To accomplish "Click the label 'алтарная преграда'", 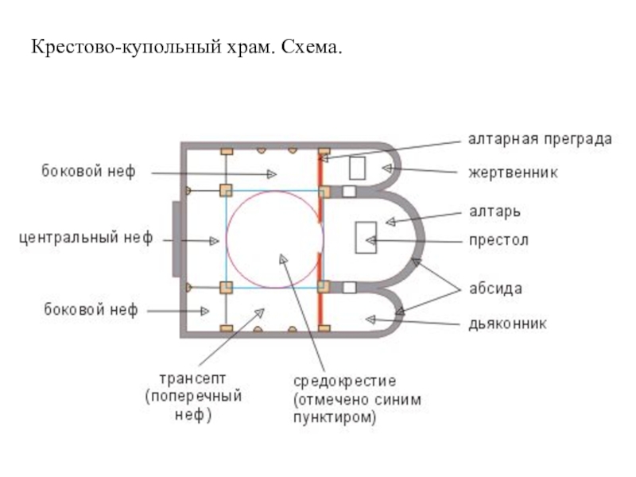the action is tap(539, 139).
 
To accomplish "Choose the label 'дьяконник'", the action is tap(506, 324).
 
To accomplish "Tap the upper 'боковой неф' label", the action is tap(88, 171).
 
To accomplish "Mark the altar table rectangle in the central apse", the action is tap(366, 237).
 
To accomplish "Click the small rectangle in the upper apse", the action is tap(357, 168).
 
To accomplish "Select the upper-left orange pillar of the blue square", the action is tap(226, 190).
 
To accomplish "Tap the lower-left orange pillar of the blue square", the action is tap(226, 287).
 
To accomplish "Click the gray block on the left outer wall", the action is tap(176, 238).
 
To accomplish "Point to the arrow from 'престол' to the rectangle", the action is tap(413, 239).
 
